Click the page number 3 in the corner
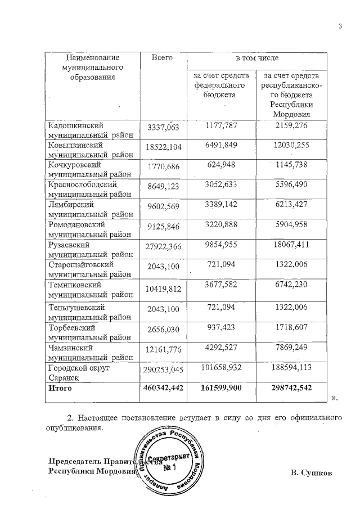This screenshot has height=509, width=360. tap(340, 26)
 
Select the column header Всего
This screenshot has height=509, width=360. tap(162, 58)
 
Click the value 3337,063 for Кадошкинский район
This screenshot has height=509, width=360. tap(163, 128)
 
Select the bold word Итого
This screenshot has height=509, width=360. tap(60, 389)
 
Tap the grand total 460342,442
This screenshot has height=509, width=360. tap(163, 389)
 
